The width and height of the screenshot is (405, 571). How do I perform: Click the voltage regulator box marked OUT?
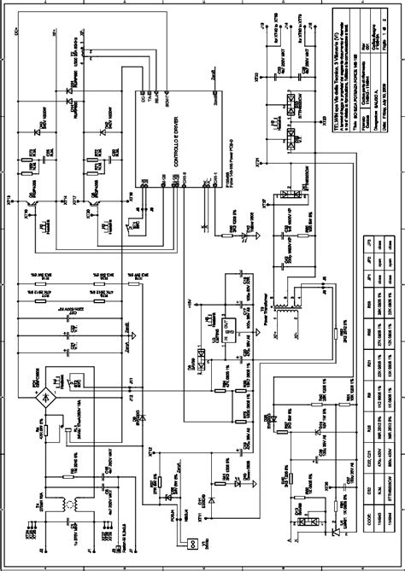[x=207, y=324]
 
